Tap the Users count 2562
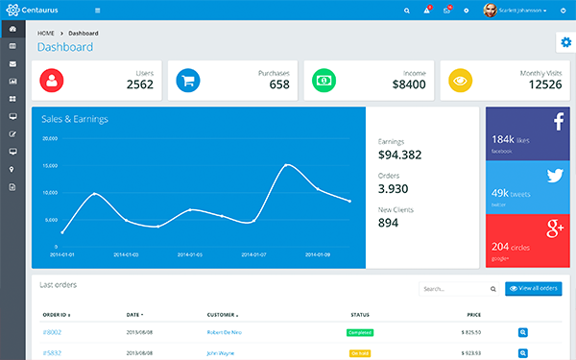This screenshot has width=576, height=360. (139, 84)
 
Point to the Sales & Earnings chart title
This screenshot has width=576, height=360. (74, 119)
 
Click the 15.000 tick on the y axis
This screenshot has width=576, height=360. (51, 165)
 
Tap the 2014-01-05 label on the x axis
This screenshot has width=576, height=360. (191, 254)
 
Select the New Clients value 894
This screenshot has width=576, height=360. (389, 223)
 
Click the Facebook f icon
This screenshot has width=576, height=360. (556, 121)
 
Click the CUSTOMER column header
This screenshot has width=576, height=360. (221, 314)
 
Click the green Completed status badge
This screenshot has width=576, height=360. (360, 332)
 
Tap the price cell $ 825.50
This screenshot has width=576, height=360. (473, 332)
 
